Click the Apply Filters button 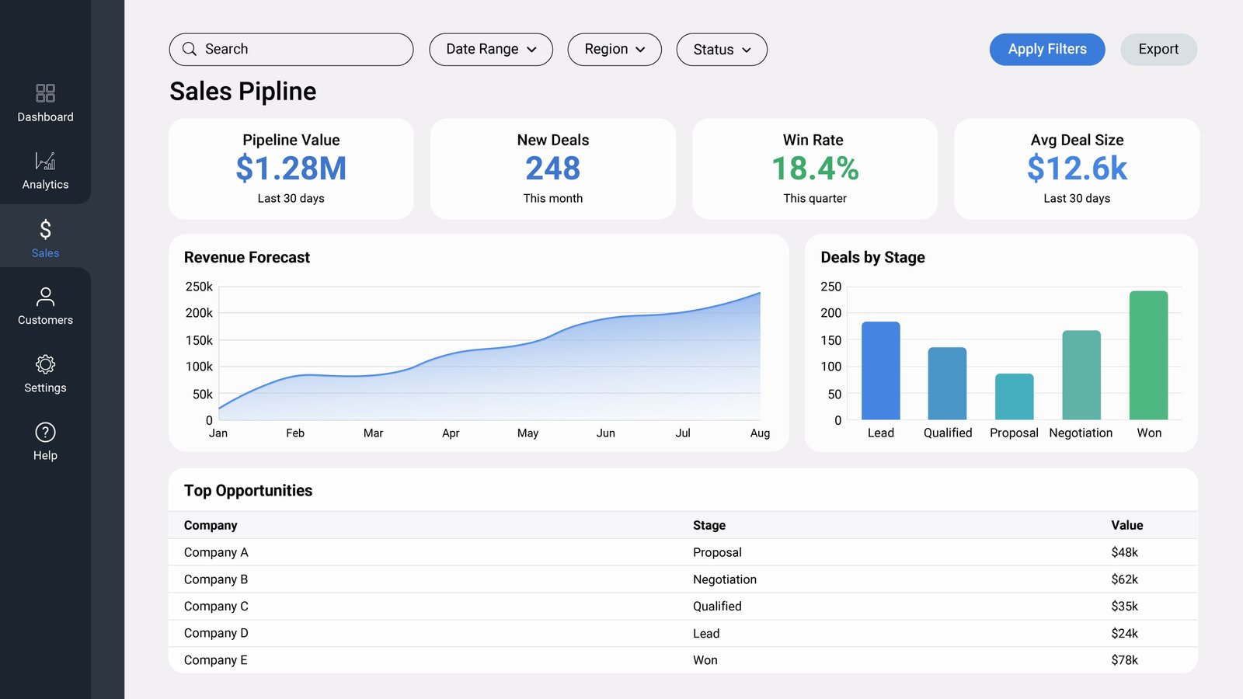(x=1047, y=50)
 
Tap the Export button (x=1158, y=50)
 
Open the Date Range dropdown (x=491, y=50)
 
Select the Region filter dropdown (x=615, y=50)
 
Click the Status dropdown (x=722, y=50)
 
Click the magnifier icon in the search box (x=190, y=50)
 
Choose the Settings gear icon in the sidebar (x=46, y=364)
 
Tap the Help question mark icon (x=46, y=432)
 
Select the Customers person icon (x=46, y=297)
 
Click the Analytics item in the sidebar (x=46, y=171)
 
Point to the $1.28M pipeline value (x=291, y=168)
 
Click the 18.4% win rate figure (x=815, y=168)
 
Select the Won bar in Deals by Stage (x=1149, y=355)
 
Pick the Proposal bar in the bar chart (x=1015, y=397)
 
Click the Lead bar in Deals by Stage (x=881, y=370)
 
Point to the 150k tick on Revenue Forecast (x=199, y=340)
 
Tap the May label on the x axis (x=527, y=433)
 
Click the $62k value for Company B (x=1124, y=579)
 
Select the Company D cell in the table (x=216, y=633)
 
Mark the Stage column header (x=709, y=525)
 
